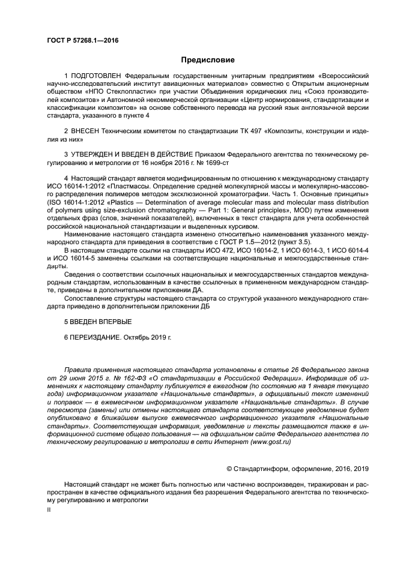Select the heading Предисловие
pos(198,59)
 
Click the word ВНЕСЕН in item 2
pos(86,130)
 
